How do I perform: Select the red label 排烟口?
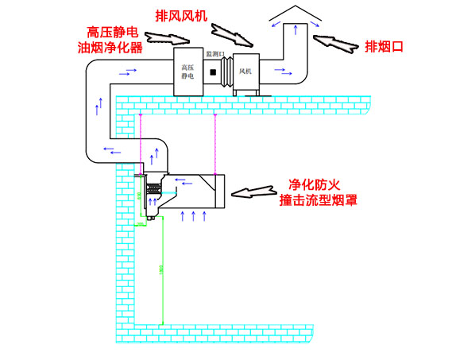click(384, 46)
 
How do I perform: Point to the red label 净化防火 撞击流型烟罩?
click(317, 191)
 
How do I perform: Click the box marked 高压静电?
click(188, 73)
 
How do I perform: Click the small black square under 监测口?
click(212, 73)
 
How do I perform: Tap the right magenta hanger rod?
click(214, 143)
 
